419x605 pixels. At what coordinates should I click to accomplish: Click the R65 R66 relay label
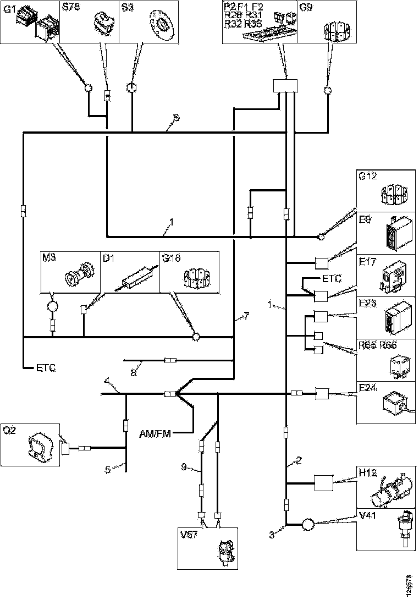point(377,345)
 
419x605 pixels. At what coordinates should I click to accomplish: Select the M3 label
point(48,257)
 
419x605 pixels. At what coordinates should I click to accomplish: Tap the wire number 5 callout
point(108,470)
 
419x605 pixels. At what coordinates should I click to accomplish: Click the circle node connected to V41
point(307,525)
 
